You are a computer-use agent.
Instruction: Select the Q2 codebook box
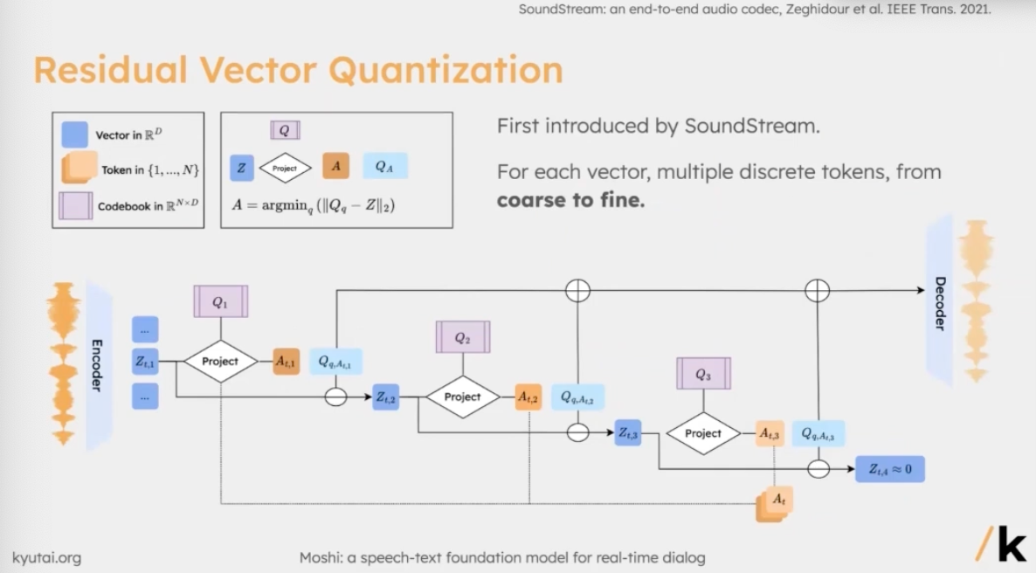(462, 337)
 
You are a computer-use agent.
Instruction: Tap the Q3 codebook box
(703, 374)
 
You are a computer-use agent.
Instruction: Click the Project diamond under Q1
(220, 361)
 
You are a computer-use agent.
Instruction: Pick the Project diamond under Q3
(703, 433)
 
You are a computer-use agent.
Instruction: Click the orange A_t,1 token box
(286, 361)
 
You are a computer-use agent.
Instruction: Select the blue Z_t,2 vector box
(386, 397)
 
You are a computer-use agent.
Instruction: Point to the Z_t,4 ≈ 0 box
(889, 469)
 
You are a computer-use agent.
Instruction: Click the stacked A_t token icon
(775, 502)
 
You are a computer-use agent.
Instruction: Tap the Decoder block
(939, 301)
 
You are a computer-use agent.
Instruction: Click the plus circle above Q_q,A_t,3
(817, 290)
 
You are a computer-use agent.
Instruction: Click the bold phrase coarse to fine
(570, 200)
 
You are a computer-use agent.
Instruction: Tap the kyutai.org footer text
(46, 556)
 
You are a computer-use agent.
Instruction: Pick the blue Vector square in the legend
(74, 135)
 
